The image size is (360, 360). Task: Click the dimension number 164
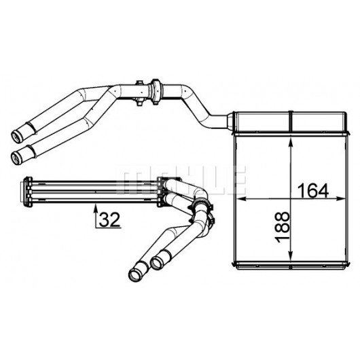pos(313,192)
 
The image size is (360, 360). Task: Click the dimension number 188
pos(282,227)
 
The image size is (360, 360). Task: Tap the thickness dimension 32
pos(109,219)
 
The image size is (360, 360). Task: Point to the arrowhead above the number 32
pos(96,209)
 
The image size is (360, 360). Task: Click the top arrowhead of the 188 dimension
pos(291,143)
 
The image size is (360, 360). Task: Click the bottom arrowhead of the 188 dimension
pos(291,255)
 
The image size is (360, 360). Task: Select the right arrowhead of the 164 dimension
pos(340,199)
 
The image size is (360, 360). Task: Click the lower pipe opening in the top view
pos(16,158)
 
